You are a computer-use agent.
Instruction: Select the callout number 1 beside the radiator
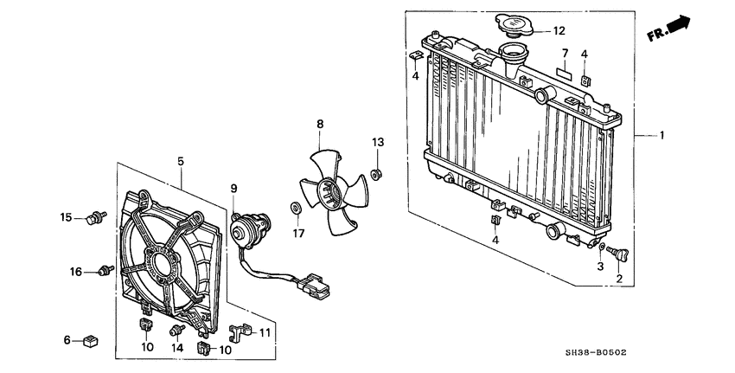click(x=662, y=136)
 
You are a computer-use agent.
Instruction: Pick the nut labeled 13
click(x=377, y=175)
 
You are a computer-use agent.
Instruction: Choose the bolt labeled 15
click(x=96, y=215)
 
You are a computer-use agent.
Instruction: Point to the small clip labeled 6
click(x=90, y=340)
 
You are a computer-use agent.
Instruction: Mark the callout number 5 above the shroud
click(x=181, y=161)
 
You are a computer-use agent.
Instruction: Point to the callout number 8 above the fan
click(x=319, y=125)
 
